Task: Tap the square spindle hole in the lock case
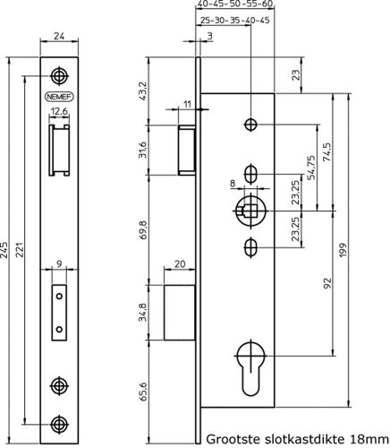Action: [x=251, y=211]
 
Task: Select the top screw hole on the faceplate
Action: [x=59, y=74]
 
